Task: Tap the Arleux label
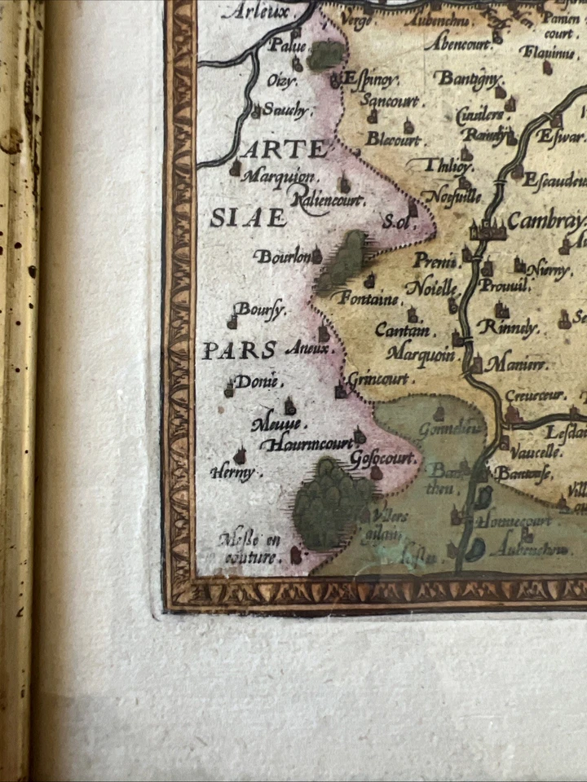click(x=256, y=11)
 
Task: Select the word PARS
click(x=238, y=351)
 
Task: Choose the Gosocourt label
click(x=382, y=459)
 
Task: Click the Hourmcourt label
click(x=306, y=445)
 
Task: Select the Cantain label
click(x=402, y=331)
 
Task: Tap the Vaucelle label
click(x=536, y=452)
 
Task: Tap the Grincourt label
click(x=379, y=380)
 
